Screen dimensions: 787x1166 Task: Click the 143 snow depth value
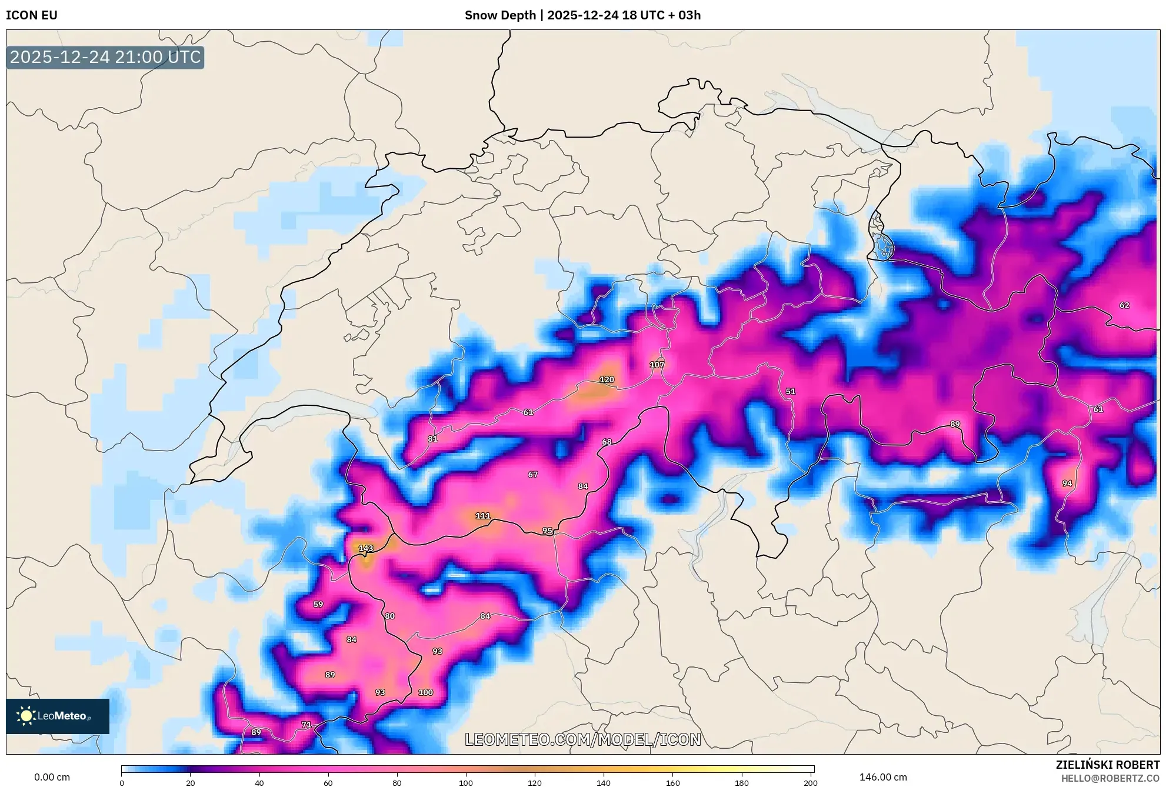(x=366, y=548)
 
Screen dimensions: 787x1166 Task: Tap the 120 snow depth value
(x=607, y=379)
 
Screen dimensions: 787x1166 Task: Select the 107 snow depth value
(x=657, y=365)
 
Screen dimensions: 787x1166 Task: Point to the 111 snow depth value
(x=482, y=516)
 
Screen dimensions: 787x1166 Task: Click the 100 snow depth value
(x=425, y=692)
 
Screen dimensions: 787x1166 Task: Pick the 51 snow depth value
(x=791, y=391)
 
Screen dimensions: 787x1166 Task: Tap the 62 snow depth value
(x=1124, y=305)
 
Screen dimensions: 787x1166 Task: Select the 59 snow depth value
(x=318, y=604)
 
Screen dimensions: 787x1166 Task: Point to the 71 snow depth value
(x=306, y=725)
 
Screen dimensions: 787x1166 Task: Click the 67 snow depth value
(x=532, y=474)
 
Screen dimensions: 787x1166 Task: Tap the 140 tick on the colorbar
(x=604, y=782)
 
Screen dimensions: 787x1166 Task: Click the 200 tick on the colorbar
(x=811, y=782)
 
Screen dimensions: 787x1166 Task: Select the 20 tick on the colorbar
(x=190, y=782)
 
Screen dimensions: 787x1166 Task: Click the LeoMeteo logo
(x=58, y=716)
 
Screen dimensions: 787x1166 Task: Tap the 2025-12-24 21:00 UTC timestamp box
(x=105, y=57)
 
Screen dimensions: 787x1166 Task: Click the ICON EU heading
(x=32, y=15)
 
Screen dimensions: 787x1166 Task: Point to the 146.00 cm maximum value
(x=883, y=777)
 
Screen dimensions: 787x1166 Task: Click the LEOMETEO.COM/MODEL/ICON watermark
(x=582, y=739)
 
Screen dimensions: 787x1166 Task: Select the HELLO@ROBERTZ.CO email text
(x=1110, y=778)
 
